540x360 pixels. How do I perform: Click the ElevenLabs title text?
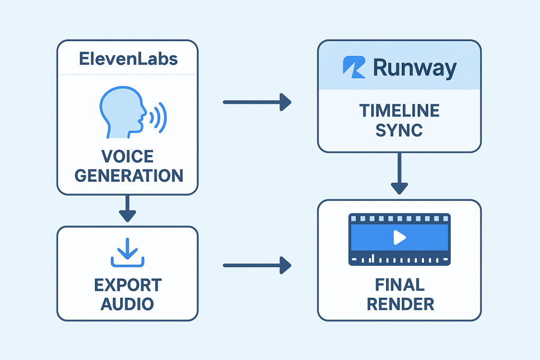(x=128, y=59)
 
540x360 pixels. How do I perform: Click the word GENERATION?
(x=129, y=175)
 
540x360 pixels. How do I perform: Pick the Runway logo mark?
(x=354, y=67)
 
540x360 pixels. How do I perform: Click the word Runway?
(x=414, y=68)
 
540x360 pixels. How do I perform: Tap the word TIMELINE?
(x=399, y=111)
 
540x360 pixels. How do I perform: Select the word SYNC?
(x=399, y=130)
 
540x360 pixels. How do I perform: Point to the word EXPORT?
(x=128, y=285)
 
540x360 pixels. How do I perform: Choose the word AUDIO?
(x=128, y=304)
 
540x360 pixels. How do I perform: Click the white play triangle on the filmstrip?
(x=399, y=238)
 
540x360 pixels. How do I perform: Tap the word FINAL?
(x=399, y=285)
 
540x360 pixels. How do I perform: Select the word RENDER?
(x=399, y=304)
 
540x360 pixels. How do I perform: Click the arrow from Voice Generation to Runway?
(x=257, y=102)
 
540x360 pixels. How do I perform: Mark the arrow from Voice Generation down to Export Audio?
(x=128, y=208)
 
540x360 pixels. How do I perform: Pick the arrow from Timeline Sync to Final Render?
(x=399, y=174)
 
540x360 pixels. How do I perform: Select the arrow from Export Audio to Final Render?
(x=257, y=265)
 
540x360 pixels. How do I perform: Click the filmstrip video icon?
(x=399, y=239)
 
